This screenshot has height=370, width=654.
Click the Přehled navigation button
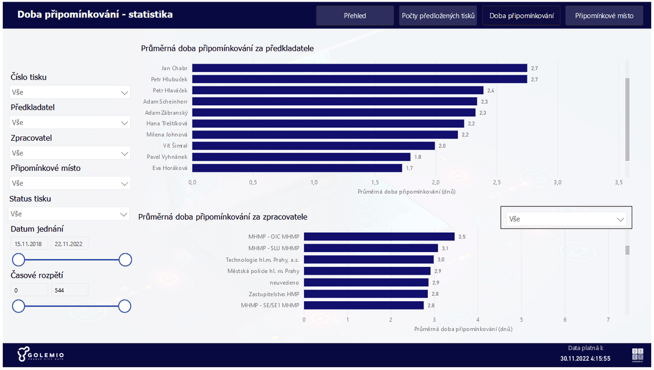[355, 16]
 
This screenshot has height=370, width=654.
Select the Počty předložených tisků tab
[438, 16]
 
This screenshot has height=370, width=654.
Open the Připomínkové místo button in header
[604, 16]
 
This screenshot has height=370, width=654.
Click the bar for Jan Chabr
[359, 68]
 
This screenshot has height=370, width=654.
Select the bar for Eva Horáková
[297, 168]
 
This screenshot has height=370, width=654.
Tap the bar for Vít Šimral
[313, 146]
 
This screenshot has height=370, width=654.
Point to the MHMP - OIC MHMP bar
[379, 237]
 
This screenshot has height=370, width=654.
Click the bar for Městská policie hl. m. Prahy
[367, 271]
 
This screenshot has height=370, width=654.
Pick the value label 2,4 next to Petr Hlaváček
[491, 91]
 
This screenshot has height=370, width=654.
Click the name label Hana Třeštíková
[167, 123]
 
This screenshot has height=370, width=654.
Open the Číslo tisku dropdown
[70, 92]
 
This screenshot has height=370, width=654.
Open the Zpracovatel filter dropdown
[70, 153]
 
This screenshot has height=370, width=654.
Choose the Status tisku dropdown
[69, 214]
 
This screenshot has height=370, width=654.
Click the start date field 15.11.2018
[29, 244]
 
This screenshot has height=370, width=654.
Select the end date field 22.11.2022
[70, 244]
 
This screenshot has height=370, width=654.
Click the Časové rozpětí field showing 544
[70, 290]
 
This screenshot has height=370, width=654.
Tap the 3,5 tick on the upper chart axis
[618, 182]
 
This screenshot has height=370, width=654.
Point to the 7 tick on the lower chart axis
[608, 320]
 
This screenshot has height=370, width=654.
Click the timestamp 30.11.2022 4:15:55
[585, 359]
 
